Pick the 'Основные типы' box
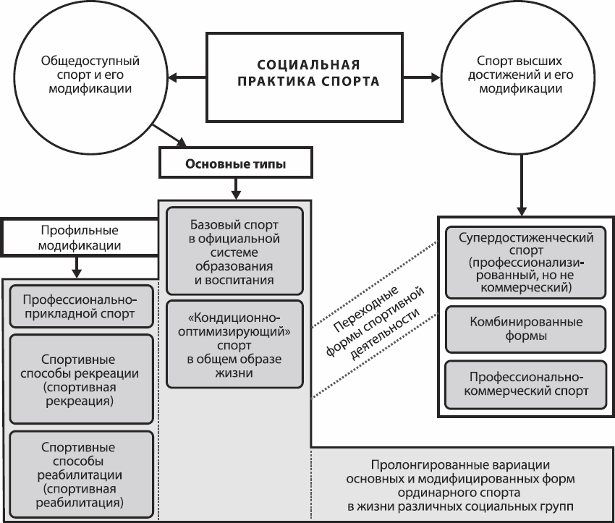[236, 165]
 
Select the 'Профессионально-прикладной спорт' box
[81, 307]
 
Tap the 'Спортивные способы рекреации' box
[81, 380]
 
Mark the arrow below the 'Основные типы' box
[236, 190]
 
